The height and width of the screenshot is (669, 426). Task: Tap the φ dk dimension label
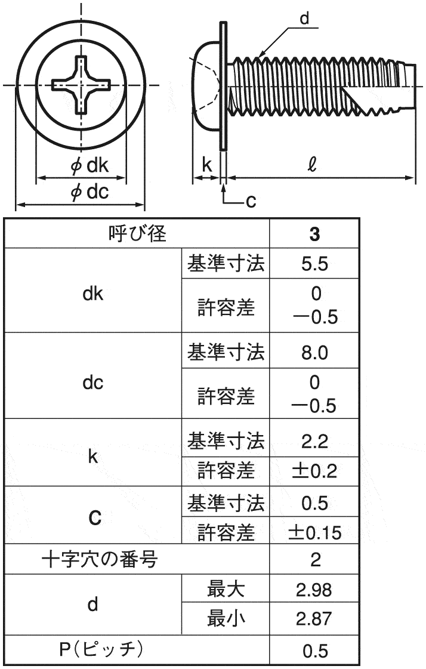89,165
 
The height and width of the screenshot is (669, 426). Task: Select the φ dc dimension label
89,192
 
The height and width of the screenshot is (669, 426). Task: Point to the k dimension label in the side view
206,164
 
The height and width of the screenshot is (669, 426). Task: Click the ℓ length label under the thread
312,164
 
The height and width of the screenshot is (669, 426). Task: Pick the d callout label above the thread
304,19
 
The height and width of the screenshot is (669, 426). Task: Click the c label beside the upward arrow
251,201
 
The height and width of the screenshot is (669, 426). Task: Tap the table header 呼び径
137,233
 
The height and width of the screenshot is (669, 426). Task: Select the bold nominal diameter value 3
314,234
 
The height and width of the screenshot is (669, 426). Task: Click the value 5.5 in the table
314,264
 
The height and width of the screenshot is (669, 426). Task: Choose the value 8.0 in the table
314,353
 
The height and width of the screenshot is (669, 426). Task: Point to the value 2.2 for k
314,442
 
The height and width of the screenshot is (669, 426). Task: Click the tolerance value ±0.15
314,533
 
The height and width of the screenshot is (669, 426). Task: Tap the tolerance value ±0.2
314,471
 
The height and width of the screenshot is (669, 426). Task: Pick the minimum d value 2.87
314,619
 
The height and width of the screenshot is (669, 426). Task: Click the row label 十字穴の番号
100,559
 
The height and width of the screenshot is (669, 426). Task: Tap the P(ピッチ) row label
101,649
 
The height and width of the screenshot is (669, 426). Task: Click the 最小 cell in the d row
226,618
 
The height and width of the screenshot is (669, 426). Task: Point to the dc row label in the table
93,383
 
